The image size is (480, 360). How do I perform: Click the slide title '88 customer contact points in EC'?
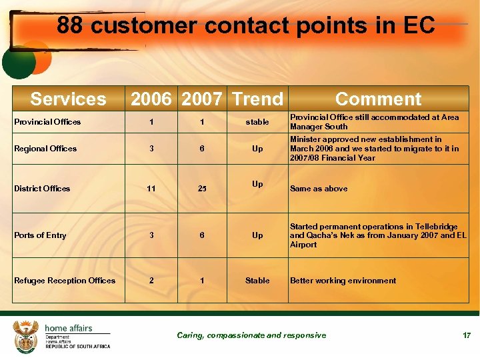coord(245,26)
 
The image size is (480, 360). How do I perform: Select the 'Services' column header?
coord(68,99)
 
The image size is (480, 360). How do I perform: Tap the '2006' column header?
coord(151,99)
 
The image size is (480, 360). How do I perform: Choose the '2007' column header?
coord(202,99)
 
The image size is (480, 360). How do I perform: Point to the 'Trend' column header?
coord(257,99)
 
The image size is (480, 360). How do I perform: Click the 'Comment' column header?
coord(378,99)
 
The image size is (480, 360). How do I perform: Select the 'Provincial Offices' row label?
coord(47,122)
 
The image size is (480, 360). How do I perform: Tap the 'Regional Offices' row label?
coord(45,149)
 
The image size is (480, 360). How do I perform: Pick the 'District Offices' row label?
coord(42,189)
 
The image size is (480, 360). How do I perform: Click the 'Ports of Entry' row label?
coord(40,235)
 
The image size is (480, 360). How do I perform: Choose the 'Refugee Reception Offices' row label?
coord(65,281)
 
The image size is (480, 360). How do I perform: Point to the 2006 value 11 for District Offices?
coord(151,189)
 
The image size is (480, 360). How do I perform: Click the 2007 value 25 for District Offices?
coord(202,189)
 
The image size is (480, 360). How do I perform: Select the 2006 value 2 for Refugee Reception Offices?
coord(151,281)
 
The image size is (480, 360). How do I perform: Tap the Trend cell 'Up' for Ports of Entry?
coord(257,235)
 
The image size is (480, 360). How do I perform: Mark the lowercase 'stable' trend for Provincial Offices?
coord(257,122)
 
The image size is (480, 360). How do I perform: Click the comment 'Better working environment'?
coord(343,281)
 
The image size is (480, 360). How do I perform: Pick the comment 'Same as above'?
coord(319,189)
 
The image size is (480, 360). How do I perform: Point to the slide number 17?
coord(467,335)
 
